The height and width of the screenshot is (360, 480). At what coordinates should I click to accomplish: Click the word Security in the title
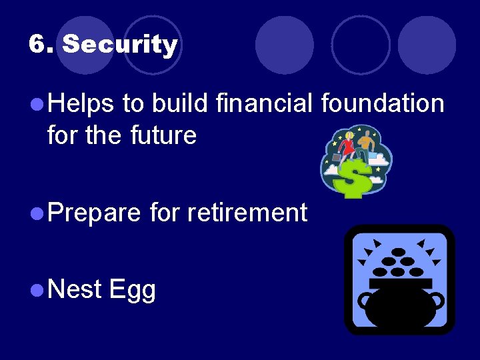120,45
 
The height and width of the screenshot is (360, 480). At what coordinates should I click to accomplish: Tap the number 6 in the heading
39,45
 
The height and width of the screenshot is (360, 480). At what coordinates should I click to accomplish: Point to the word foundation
382,104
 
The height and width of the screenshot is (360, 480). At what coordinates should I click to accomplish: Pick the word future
163,135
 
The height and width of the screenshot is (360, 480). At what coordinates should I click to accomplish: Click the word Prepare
94,213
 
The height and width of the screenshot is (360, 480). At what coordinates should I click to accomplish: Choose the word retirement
247,213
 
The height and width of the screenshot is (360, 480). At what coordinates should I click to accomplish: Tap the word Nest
75,290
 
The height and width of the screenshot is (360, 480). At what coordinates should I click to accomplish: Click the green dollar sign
354,179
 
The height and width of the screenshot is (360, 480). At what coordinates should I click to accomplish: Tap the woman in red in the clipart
347,145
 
